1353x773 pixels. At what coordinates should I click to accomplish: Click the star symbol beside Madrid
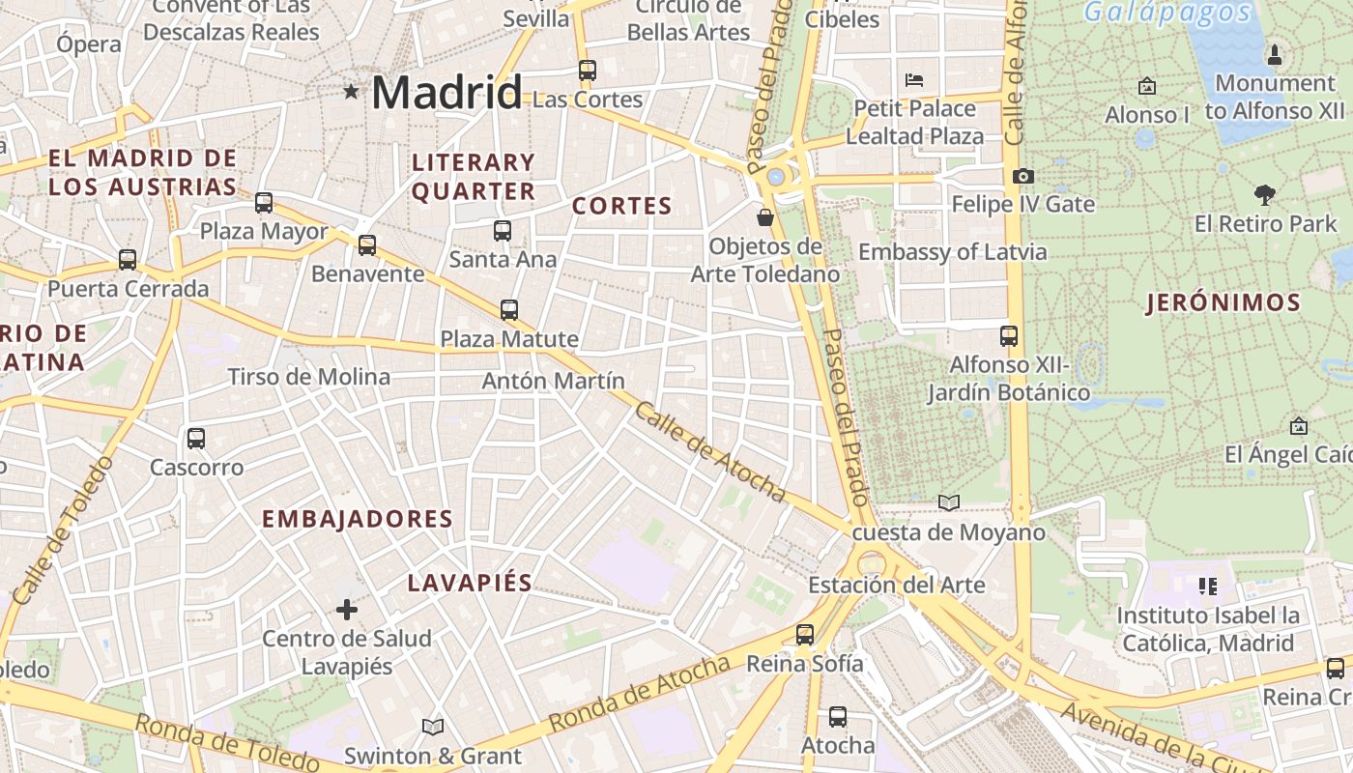(x=351, y=92)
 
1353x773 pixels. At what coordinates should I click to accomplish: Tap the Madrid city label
(x=446, y=93)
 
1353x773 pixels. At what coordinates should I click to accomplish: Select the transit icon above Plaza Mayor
(x=264, y=203)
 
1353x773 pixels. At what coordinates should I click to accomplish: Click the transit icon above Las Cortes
(x=588, y=70)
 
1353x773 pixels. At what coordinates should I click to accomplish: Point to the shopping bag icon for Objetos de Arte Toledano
(x=765, y=217)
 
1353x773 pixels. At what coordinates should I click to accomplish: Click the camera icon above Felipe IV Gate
(x=1022, y=176)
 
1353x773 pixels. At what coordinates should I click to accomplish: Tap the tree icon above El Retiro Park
(x=1264, y=195)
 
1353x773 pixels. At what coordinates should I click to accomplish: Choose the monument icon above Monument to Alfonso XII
(x=1274, y=54)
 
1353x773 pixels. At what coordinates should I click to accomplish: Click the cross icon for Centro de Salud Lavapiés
(x=347, y=610)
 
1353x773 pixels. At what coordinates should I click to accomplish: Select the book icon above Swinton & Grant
(x=433, y=727)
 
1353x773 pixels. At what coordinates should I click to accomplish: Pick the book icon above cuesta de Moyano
(x=949, y=502)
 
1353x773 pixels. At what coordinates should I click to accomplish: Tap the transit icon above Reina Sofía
(x=805, y=635)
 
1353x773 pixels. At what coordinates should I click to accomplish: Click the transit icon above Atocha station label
(x=838, y=717)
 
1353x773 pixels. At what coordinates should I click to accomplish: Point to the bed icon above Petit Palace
(x=914, y=79)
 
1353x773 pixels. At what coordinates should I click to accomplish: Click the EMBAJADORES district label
(x=358, y=519)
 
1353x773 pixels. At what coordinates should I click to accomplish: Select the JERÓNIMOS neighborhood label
(x=1223, y=302)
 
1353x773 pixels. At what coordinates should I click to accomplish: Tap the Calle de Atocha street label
(x=709, y=452)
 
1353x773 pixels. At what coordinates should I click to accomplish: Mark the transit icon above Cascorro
(x=196, y=439)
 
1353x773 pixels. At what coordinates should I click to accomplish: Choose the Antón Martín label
(x=553, y=381)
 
